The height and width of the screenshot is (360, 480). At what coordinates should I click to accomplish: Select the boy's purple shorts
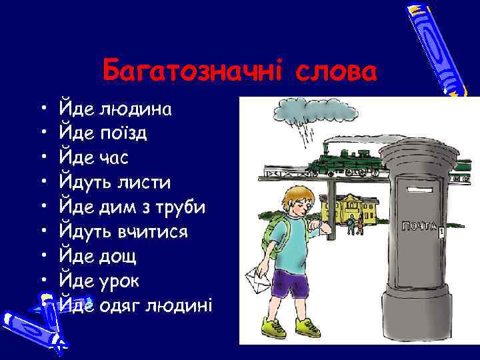(x=291, y=283)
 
